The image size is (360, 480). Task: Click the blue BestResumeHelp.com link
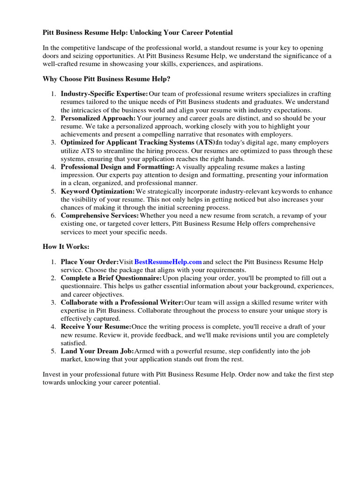coord(168,262)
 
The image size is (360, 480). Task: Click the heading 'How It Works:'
coord(66,246)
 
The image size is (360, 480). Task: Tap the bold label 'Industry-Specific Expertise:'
coord(104,94)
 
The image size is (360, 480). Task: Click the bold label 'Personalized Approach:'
coord(98,118)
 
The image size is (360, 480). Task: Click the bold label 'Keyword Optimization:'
coord(97,191)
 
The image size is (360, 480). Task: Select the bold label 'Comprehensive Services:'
coord(100,216)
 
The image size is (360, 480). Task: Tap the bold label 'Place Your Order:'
coord(89,262)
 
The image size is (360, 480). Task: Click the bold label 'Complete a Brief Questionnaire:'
coord(111,278)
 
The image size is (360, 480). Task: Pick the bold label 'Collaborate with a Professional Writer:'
coord(122,303)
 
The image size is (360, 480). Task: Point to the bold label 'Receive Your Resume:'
coord(96,327)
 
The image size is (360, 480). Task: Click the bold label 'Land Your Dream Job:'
coord(97,351)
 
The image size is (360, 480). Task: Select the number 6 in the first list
coord(53,216)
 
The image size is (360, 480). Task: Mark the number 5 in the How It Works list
coord(53,351)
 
